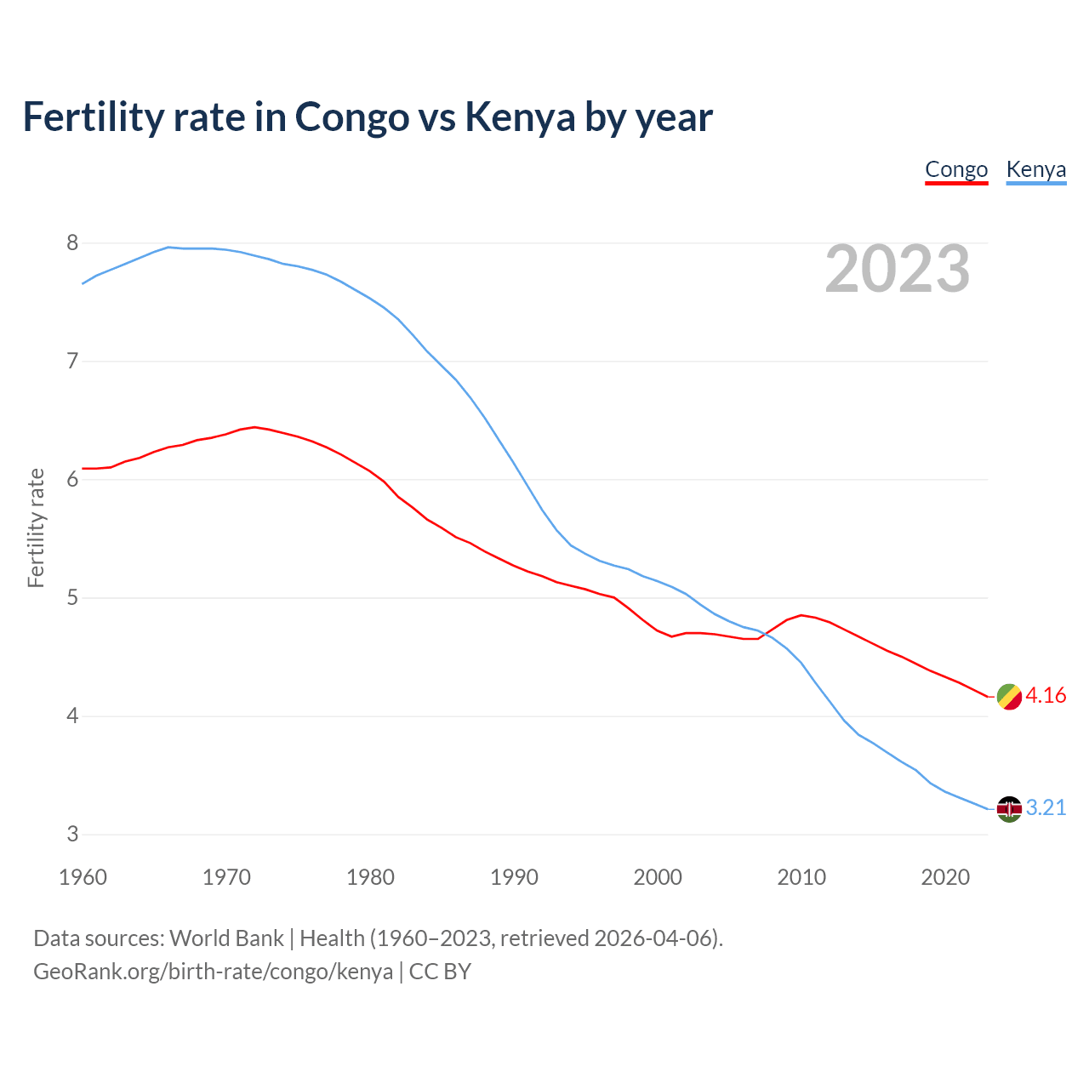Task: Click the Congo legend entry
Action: [x=956, y=169]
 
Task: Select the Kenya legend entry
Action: [x=1035, y=169]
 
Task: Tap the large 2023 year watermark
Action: [x=897, y=269]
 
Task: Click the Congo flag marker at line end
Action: [x=1009, y=696]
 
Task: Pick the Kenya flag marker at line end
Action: [x=1009, y=808]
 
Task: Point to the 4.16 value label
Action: [x=1046, y=696]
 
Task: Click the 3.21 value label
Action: [x=1046, y=808]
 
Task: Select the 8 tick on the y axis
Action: [x=72, y=243]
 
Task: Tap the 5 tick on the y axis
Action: [x=72, y=598]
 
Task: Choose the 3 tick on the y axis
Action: [x=72, y=835]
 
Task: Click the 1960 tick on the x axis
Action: [x=83, y=877]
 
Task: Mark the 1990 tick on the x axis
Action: [x=514, y=877]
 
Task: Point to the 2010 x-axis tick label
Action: [x=801, y=877]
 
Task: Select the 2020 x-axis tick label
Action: [x=945, y=877]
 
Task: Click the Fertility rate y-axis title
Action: [x=36, y=527]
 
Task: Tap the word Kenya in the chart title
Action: [x=520, y=117]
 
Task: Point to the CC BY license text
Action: [x=440, y=972]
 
